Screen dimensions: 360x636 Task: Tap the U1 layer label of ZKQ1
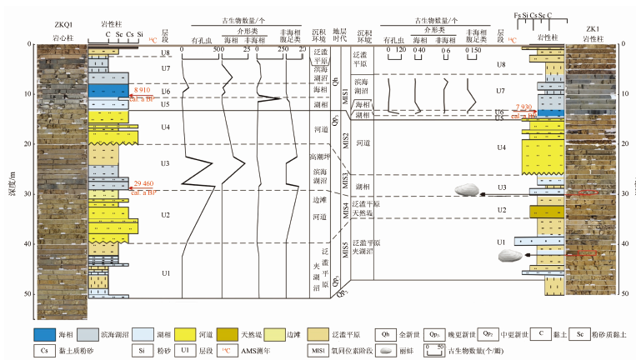[x=165, y=272]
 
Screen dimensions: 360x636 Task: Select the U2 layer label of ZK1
[x=501, y=210]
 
